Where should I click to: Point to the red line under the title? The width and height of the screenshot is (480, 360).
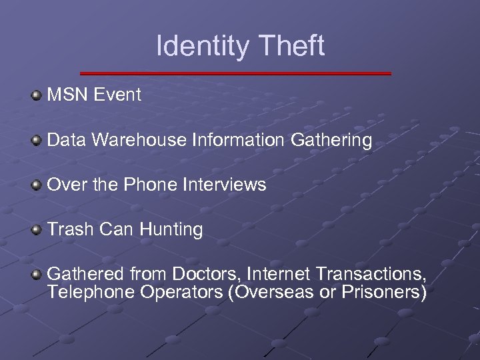click(x=235, y=73)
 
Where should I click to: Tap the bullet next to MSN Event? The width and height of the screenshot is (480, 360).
click(x=37, y=95)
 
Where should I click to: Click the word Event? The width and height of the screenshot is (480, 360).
click(x=117, y=95)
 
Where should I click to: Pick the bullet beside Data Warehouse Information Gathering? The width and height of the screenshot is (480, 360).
click(x=37, y=140)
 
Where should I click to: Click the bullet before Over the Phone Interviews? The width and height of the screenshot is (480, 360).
click(x=37, y=185)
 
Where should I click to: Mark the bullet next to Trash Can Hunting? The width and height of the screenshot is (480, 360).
click(x=37, y=230)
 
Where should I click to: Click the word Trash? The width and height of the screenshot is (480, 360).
click(x=71, y=229)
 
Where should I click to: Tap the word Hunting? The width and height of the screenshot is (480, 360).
click(x=171, y=230)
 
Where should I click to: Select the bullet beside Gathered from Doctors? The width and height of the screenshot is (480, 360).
click(x=37, y=274)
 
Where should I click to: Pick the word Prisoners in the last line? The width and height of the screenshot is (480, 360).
click(x=384, y=292)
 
